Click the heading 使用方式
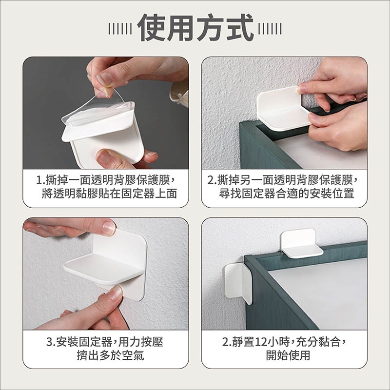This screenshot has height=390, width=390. (195, 27)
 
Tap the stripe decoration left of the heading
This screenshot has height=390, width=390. (120, 28)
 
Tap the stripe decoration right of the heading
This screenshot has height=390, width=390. (270, 28)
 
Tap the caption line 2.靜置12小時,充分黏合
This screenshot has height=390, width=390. (285, 342)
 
